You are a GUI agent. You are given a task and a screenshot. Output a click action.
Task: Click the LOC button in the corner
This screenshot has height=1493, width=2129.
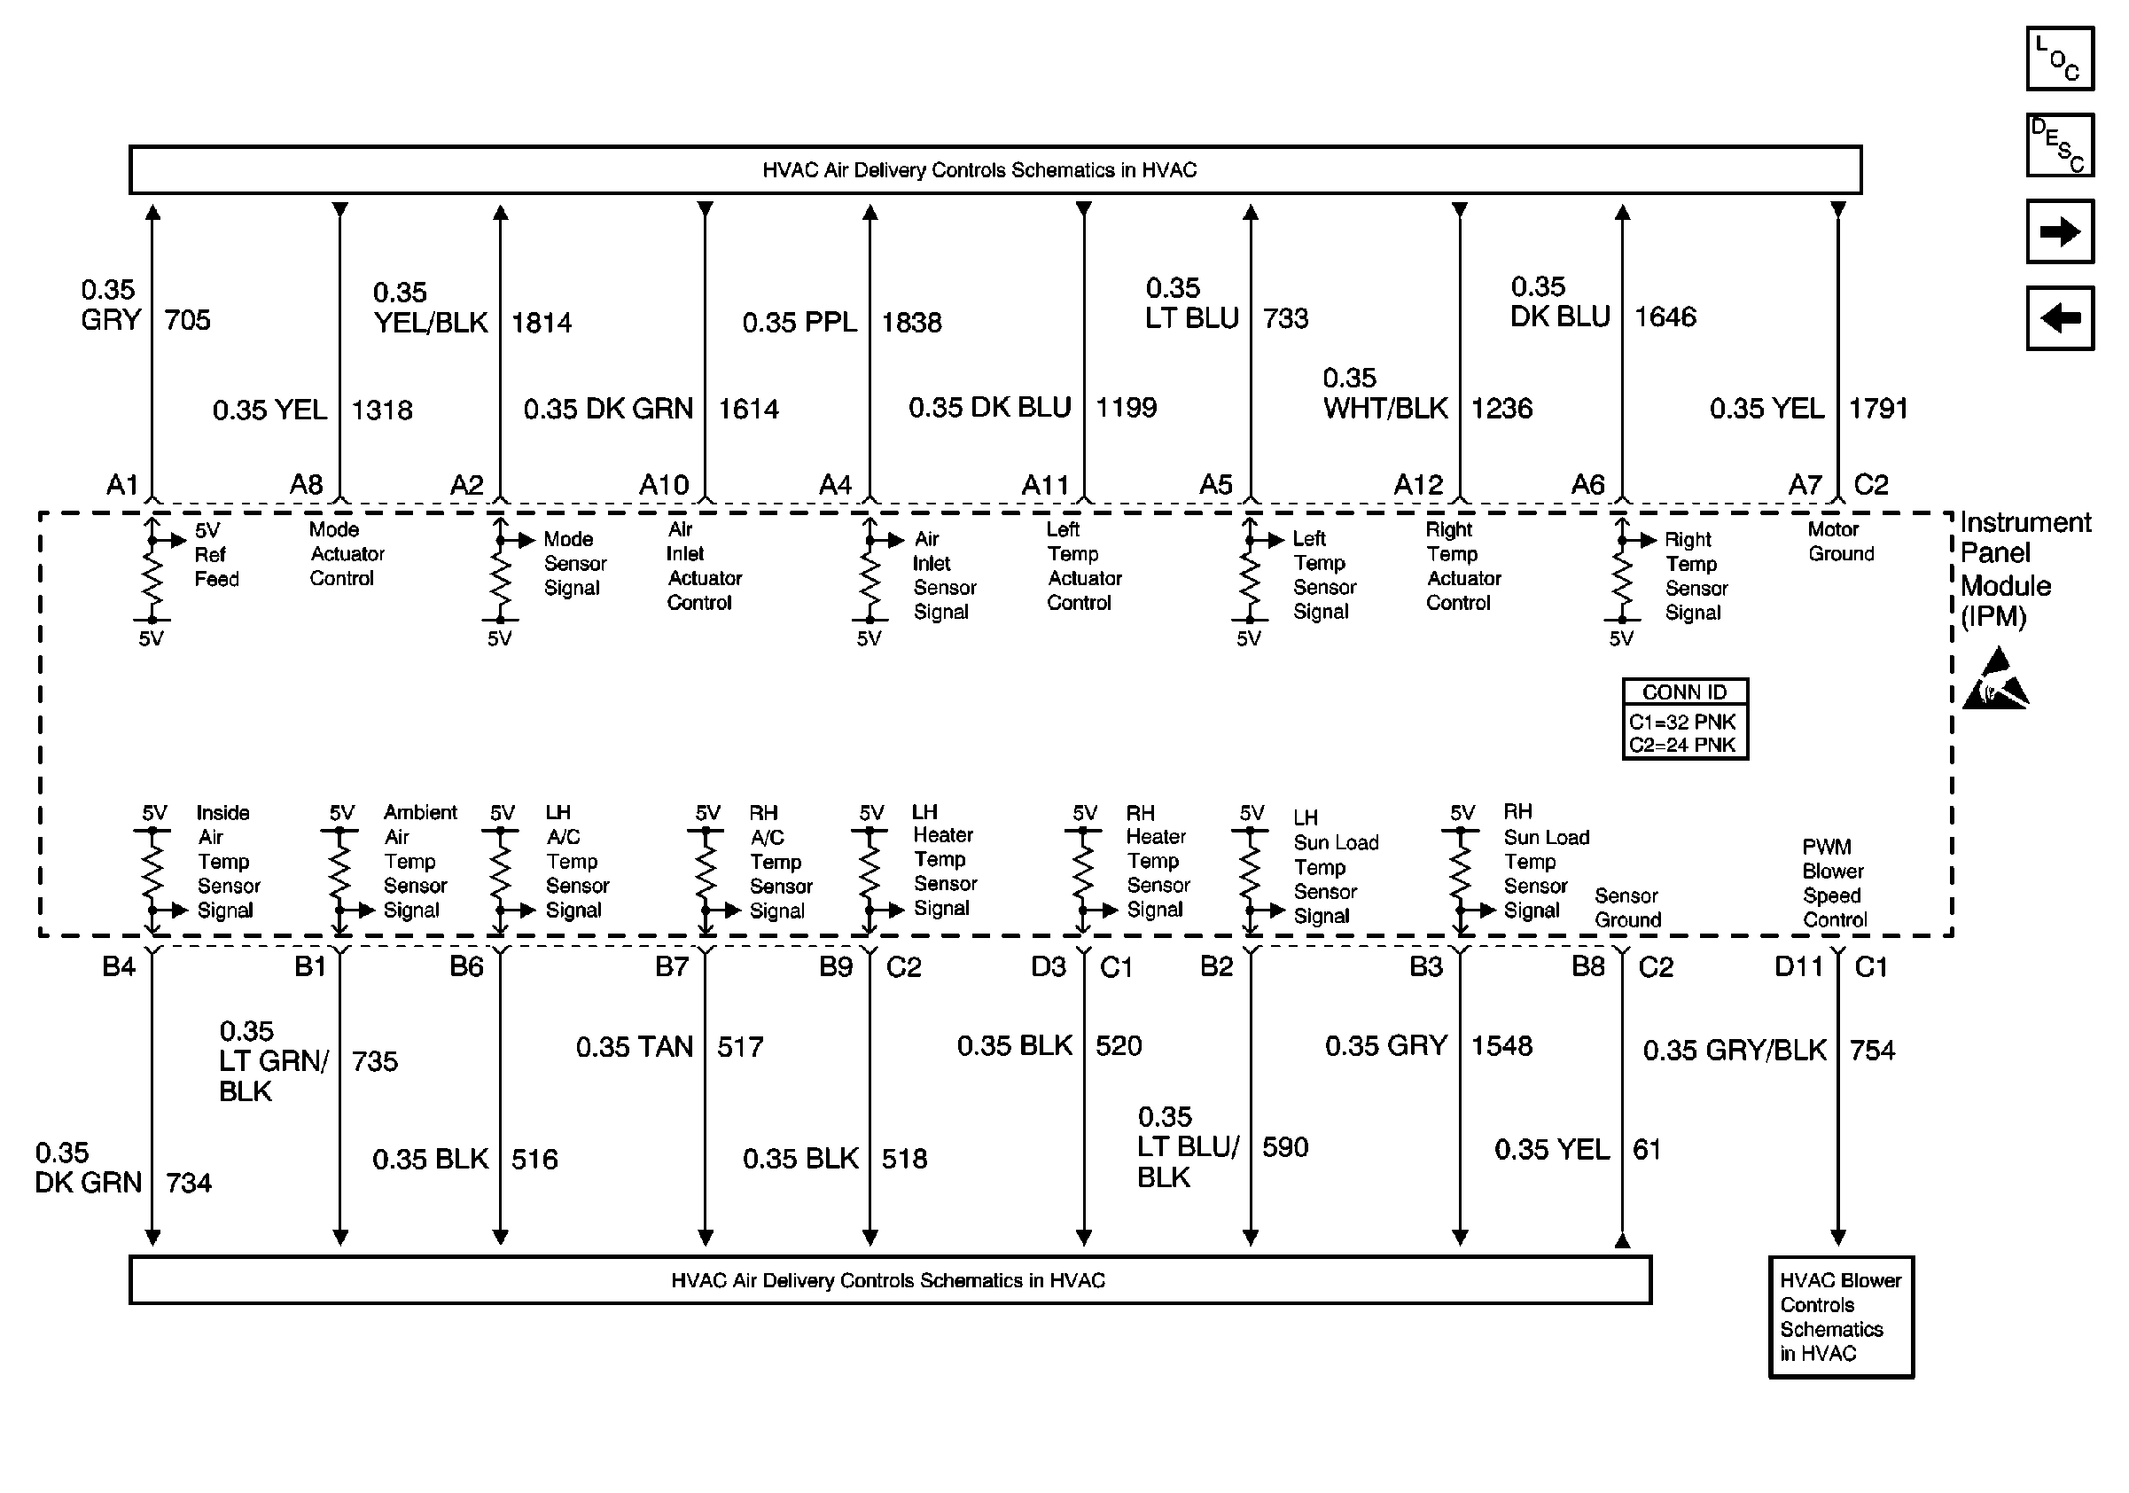2060,59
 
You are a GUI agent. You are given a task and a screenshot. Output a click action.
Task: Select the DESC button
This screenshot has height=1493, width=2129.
2060,145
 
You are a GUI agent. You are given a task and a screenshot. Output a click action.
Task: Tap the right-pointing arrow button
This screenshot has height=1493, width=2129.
2060,231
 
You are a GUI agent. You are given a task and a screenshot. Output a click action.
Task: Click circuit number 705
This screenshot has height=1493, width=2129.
187,321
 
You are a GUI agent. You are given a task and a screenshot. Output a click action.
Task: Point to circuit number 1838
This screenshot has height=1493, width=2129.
910,323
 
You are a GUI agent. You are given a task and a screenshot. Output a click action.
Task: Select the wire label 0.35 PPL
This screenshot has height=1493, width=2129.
799,323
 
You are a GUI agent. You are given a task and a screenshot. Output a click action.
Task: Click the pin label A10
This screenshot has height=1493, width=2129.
664,485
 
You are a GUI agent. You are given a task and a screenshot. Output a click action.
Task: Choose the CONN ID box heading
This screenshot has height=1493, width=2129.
1684,692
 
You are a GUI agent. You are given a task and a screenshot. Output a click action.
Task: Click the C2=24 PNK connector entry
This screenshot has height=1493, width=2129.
1682,745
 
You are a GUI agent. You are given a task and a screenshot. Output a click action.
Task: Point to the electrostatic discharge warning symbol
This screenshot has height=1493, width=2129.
1995,682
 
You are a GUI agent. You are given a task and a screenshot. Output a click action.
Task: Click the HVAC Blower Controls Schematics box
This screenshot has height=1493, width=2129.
1841,1317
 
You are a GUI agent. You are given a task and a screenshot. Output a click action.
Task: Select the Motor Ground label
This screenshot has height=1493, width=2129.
1841,542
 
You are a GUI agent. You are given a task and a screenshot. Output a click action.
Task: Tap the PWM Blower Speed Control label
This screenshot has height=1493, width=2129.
1834,883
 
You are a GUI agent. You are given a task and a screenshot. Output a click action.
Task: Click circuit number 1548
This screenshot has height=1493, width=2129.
1501,1046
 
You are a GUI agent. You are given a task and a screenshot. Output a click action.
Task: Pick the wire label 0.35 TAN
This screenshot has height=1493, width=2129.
635,1047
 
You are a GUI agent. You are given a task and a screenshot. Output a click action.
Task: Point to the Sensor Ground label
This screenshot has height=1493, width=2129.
1627,908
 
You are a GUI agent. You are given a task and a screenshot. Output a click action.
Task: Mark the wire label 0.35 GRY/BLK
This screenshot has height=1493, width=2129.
1734,1051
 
